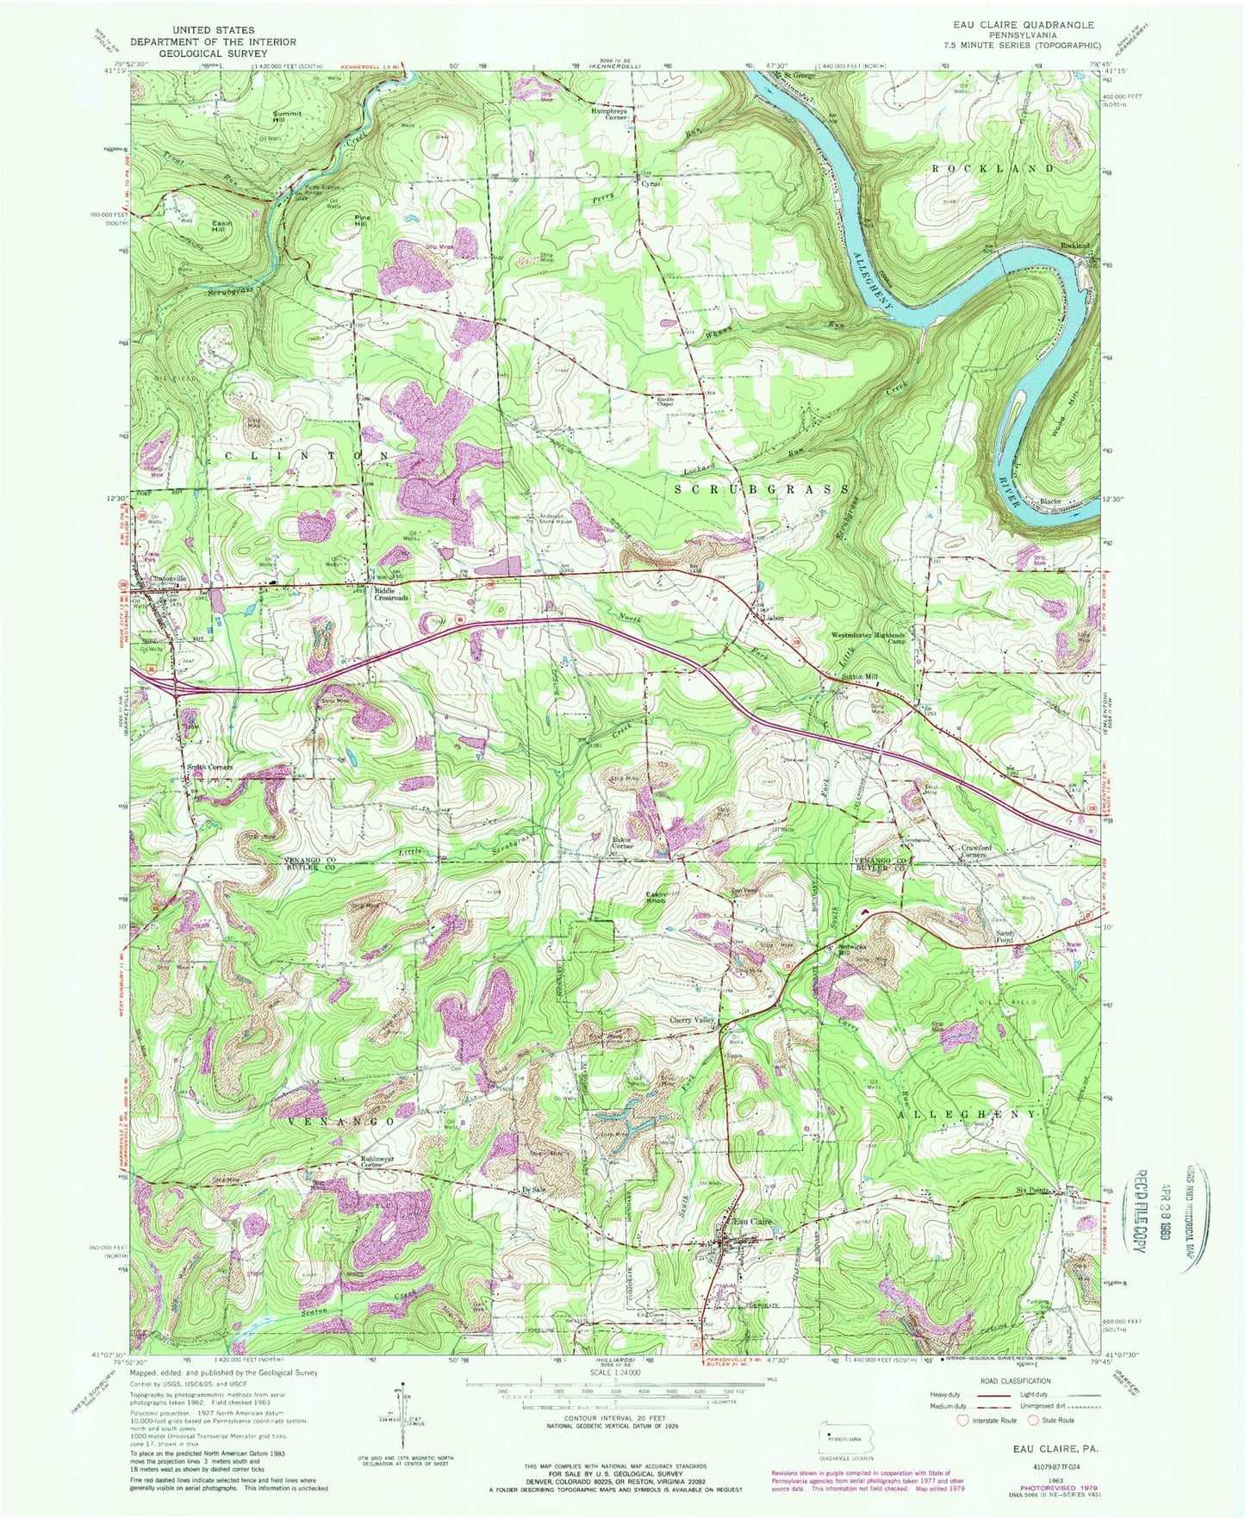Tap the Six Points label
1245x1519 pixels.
click(1032, 1191)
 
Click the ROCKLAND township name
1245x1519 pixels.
click(993, 168)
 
